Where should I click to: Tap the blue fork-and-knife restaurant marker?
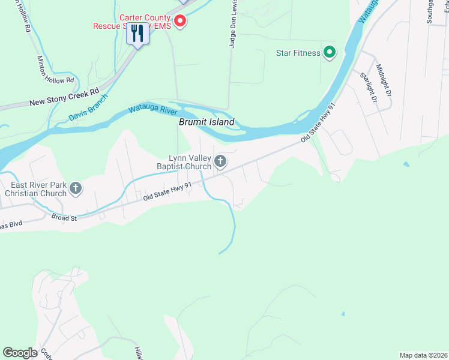137,35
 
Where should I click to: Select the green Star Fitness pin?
329,53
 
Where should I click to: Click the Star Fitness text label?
298,53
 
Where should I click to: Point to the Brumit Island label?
206,122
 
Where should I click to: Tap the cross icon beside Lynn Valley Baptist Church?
220,161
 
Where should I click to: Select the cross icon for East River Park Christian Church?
76,189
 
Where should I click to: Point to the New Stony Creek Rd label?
64,99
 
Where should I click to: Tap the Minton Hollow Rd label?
55,70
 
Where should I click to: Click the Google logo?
20,353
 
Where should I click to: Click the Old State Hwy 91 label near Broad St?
167,192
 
